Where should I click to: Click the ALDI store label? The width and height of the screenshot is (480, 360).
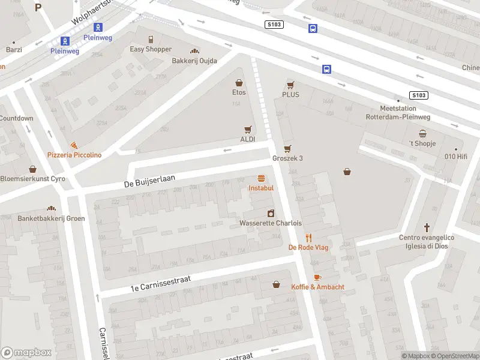pos(248,139)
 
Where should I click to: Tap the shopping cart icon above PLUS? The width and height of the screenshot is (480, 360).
pos(291,85)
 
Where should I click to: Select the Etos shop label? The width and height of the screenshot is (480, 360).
pos(239,92)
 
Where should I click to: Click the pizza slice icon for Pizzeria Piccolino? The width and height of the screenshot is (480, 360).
pos(73,145)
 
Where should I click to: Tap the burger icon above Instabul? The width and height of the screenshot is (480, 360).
pos(261,178)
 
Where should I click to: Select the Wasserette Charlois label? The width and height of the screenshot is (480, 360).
pos(270,223)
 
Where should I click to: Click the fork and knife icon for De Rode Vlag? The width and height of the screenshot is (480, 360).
pos(309,238)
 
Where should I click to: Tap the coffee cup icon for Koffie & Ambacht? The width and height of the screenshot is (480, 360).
pos(317,277)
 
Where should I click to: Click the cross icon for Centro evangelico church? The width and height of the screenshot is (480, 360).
pos(427,228)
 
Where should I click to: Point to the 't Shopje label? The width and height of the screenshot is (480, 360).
pos(422,143)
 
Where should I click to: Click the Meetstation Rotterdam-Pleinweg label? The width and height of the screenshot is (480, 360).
pos(397,113)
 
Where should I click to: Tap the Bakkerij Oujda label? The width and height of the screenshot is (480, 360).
pos(194,61)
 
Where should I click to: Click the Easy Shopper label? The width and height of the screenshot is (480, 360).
pos(151,49)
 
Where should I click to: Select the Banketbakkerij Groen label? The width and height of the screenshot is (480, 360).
pos(51,218)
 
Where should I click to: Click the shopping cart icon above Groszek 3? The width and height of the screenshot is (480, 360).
pos(288,149)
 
